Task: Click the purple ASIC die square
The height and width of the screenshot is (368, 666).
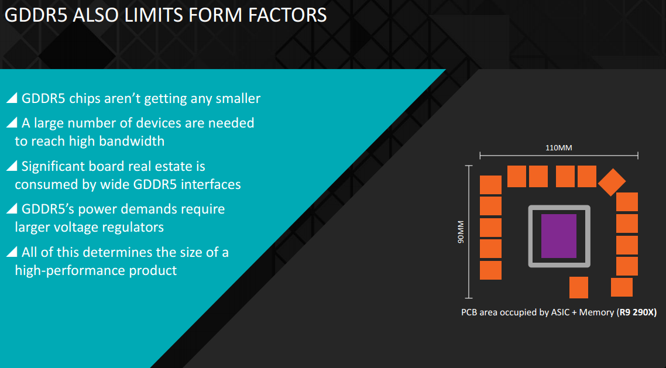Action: tap(558, 236)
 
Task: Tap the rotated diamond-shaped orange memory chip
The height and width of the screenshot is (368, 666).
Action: tap(612, 182)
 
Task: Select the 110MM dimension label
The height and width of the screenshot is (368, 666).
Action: tap(558, 147)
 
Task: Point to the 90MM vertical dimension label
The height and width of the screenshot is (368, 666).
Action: tap(461, 232)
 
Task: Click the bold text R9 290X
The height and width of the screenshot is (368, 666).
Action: tap(637, 312)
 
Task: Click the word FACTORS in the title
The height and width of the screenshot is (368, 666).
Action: tap(287, 15)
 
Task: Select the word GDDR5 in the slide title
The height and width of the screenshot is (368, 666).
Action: tap(36, 15)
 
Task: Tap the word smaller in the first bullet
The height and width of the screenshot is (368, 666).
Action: tap(238, 98)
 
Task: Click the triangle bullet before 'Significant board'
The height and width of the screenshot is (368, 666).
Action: tap(12, 166)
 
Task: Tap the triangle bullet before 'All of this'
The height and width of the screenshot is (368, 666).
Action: tap(12, 252)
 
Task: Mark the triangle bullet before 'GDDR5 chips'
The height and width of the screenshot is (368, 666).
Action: tap(12, 98)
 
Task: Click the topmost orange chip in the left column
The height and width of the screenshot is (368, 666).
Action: tap(490, 185)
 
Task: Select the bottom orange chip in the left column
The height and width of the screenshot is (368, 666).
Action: tap(490, 270)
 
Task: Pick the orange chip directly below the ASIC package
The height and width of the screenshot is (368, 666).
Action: tap(578, 287)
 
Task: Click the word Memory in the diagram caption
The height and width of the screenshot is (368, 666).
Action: tap(596, 312)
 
